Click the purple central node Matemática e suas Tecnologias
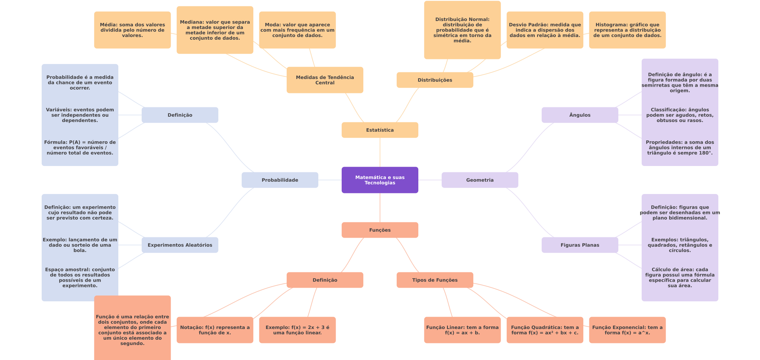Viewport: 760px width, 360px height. point(380,180)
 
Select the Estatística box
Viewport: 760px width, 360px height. point(380,130)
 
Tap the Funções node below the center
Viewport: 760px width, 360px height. point(380,230)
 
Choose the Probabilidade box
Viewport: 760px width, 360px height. point(280,180)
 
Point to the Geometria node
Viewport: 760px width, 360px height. point(480,180)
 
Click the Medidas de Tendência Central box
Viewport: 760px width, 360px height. point(325,80)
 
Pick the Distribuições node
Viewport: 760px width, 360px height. point(435,80)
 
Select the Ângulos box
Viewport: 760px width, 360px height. point(580,115)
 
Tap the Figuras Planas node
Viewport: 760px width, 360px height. point(580,245)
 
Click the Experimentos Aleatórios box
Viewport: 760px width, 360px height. point(180,245)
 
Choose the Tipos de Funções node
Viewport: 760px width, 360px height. point(435,280)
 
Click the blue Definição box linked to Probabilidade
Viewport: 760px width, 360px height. point(180,115)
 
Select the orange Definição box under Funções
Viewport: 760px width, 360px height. point(325,280)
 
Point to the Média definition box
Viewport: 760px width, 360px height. point(132,30)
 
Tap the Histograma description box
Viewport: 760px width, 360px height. point(627,30)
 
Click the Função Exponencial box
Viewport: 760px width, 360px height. point(627,330)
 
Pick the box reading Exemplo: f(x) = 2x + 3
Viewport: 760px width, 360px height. point(297,330)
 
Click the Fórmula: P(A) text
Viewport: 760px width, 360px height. point(80,148)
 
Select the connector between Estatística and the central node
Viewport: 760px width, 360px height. point(380,152)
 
